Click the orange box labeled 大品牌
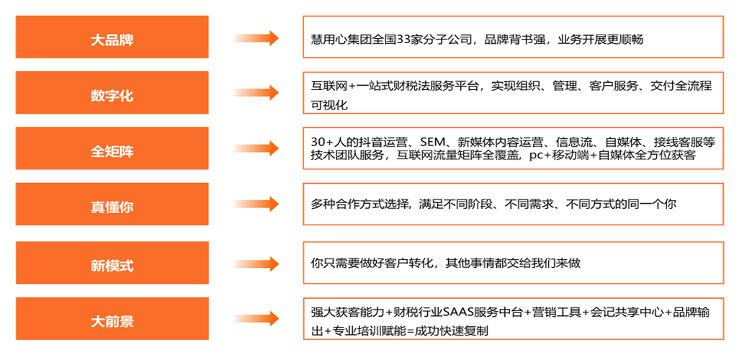(112, 39)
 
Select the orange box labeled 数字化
(112, 94)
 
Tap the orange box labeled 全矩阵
(112, 151)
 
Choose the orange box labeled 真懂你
(112, 207)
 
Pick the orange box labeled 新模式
(112, 265)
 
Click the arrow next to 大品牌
(256, 39)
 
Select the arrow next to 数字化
(256, 93)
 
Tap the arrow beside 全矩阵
(256, 149)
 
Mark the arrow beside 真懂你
(256, 204)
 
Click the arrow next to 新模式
(256, 263)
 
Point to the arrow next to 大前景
(256, 318)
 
